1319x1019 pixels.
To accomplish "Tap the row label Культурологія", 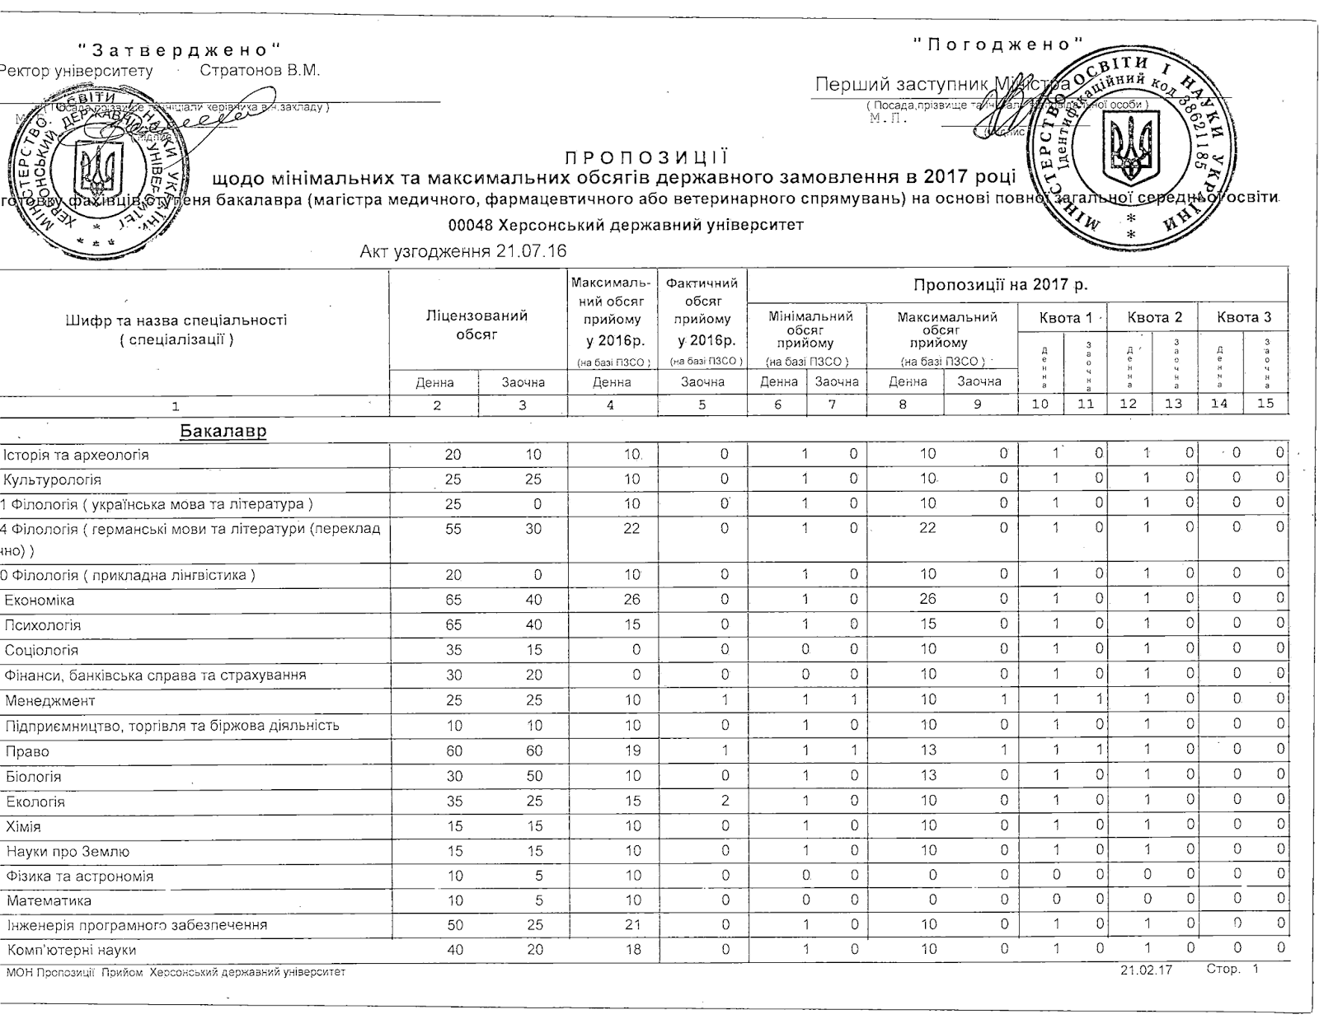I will tap(53, 479).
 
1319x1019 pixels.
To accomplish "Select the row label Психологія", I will tap(43, 625).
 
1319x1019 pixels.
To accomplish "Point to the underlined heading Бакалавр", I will tap(223, 432).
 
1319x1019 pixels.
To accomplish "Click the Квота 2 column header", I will tap(1154, 317).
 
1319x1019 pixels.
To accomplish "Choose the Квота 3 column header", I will tap(1244, 317).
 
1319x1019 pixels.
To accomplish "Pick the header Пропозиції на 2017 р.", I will tap(1000, 285).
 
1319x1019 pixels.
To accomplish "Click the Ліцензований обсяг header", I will tap(476, 325).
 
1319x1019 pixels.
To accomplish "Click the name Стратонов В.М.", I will tap(259, 70).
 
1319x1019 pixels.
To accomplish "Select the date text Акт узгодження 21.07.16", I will tap(463, 251).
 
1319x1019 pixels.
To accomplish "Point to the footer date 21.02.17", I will tap(1146, 970).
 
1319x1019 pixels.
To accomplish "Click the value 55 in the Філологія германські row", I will tap(453, 529).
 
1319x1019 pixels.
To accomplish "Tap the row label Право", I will tap(27, 751).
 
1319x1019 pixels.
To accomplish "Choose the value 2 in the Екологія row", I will tap(725, 802).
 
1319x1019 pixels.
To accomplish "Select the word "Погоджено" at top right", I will tap(997, 44).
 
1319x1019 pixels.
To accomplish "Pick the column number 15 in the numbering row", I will tap(1265, 404).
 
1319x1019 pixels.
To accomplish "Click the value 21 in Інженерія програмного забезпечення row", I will tap(631, 925).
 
